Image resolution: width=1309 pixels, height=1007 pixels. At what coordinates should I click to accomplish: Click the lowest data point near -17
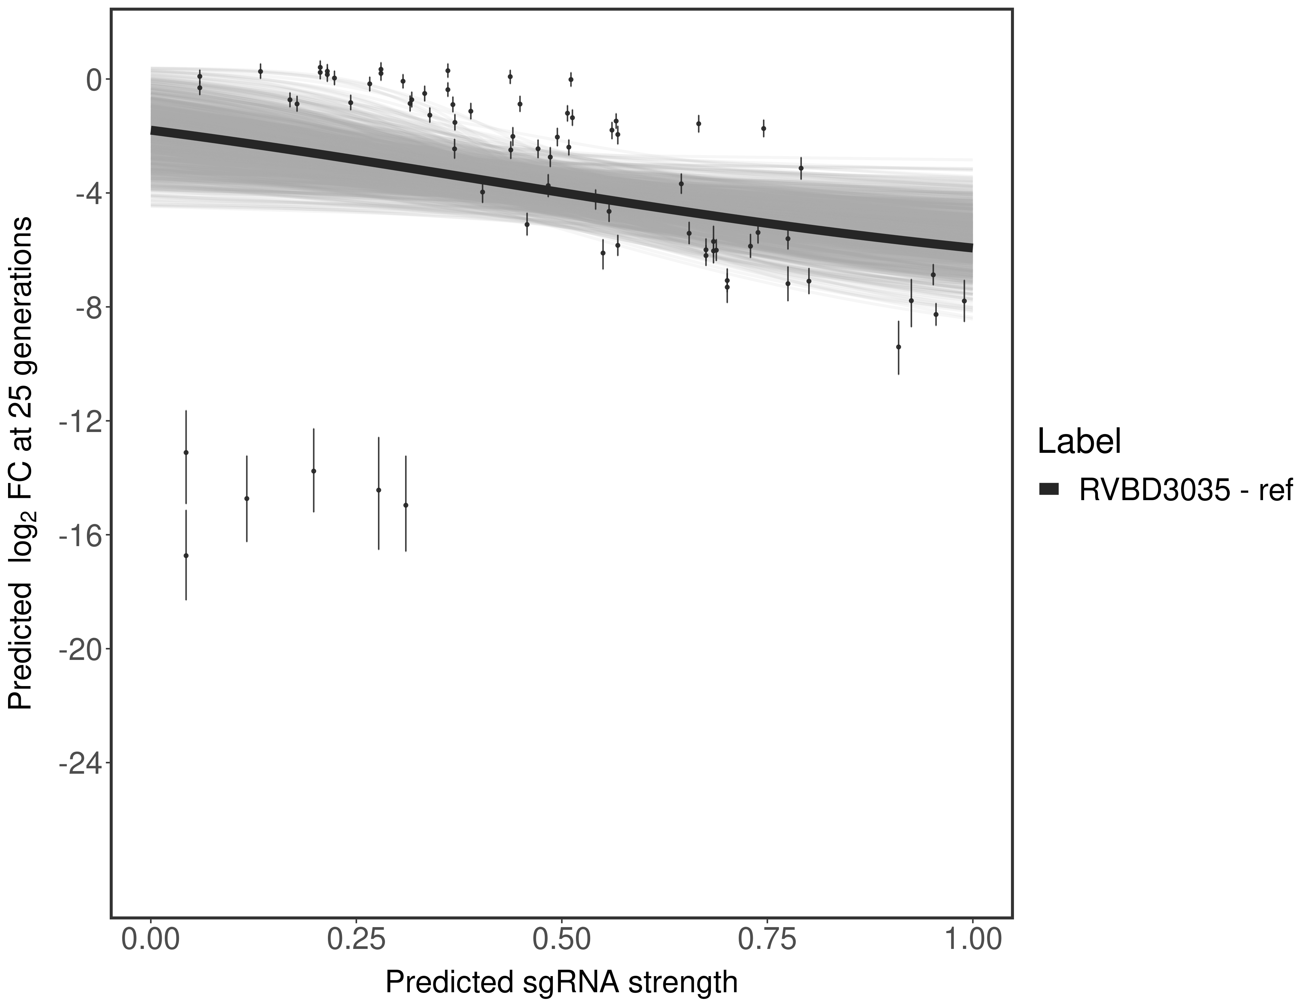tap(186, 556)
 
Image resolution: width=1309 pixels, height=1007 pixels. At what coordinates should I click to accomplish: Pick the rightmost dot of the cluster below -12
tap(406, 505)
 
